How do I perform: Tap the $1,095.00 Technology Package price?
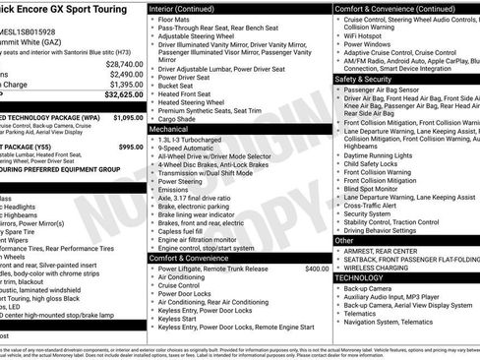[128, 117]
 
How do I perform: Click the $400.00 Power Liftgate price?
[317, 268]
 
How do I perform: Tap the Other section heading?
[344, 240]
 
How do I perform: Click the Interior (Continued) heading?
[190, 7]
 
